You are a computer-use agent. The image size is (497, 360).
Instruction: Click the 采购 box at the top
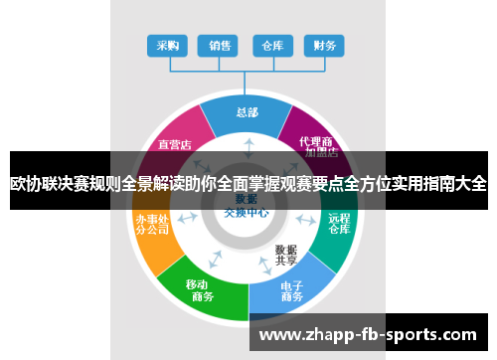point(168,46)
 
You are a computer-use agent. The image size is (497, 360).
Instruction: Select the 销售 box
point(219,46)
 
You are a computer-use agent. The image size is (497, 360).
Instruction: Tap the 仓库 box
point(272,46)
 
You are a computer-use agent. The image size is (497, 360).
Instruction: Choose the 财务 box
point(324,46)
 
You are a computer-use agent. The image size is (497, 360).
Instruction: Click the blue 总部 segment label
point(248,112)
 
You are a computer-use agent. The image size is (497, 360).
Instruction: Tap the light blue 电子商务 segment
point(291,289)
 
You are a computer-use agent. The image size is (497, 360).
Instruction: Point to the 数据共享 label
point(286,255)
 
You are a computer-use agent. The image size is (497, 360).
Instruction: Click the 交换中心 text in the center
point(247,211)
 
